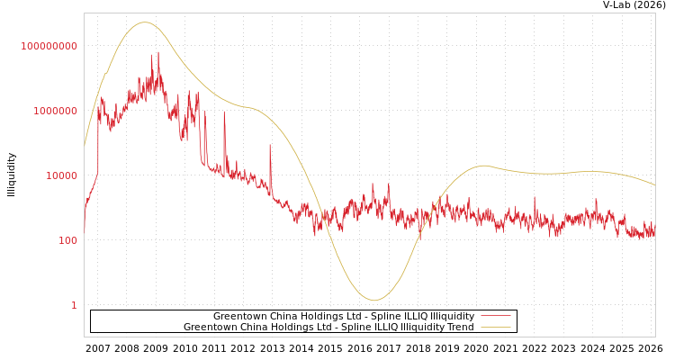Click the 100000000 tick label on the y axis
(x=49, y=46)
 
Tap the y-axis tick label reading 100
(x=67, y=240)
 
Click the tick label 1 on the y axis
(x=74, y=305)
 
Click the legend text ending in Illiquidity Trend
(x=328, y=327)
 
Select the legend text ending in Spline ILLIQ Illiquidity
(x=343, y=316)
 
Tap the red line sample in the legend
(x=495, y=316)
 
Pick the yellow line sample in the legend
(x=495, y=327)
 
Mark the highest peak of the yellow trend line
(x=145, y=22)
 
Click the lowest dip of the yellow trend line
(x=374, y=301)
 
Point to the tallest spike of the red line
(x=158, y=52)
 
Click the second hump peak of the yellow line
(x=484, y=166)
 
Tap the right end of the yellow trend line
(x=655, y=185)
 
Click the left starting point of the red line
(x=85, y=229)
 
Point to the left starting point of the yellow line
(x=85, y=146)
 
